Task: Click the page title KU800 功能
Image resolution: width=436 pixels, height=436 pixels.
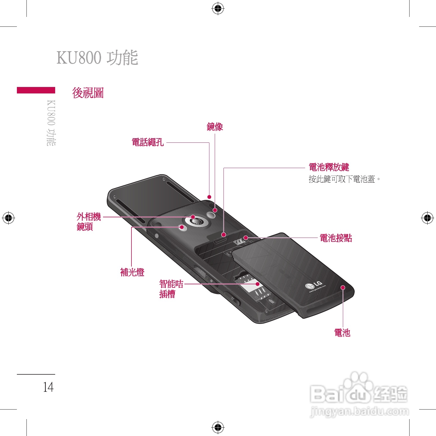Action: coord(97,58)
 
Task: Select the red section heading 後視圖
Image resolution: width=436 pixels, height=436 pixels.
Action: coord(88,93)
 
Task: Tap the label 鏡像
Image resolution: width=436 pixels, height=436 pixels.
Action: coord(215,127)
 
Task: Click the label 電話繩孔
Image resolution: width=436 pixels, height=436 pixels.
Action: coord(148,142)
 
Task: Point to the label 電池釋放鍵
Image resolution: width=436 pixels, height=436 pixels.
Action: coord(329,167)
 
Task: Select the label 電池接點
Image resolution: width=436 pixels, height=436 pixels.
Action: coord(336,238)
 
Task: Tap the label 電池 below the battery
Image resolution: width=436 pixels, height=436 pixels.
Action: coord(342,333)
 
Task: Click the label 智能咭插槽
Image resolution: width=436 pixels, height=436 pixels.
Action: coord(171,289)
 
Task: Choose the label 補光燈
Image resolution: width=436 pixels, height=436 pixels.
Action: coord(132,272)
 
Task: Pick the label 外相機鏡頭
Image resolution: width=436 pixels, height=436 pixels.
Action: coord(88,222)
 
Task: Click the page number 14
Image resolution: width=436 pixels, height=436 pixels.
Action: coord(48,387)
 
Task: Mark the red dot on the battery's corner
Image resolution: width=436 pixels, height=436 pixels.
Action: coord(343,287)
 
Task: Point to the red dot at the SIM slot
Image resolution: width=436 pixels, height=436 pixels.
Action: coord(257,284)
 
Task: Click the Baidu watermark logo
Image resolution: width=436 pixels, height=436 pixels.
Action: coord(359,394)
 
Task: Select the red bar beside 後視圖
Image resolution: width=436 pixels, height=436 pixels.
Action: coord(36,90)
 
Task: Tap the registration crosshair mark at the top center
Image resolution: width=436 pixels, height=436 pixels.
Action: coord(218,9)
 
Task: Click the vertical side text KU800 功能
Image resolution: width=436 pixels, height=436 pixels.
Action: coord(51,123)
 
